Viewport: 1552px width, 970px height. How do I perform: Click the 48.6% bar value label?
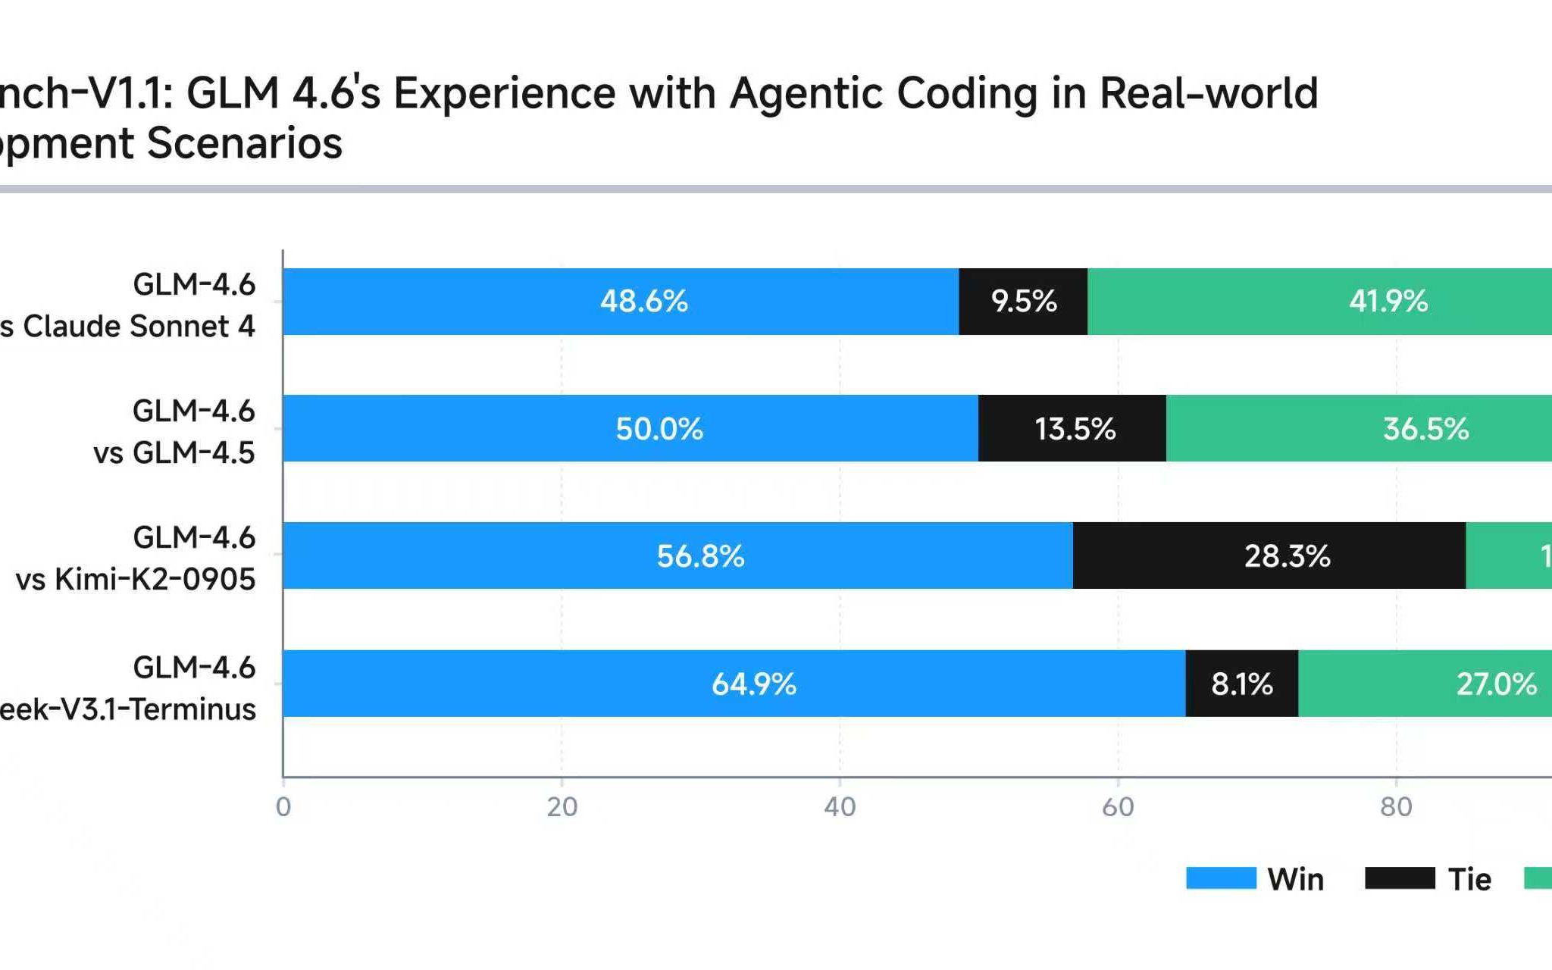tap(644, 302)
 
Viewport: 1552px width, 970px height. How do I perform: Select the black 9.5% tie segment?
tap(1023, 302)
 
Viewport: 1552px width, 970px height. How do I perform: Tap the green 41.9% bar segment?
tap(1319, 302)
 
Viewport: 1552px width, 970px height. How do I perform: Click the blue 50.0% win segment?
tap(630, 428)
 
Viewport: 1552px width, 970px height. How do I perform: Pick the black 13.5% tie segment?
tap(1072, 428)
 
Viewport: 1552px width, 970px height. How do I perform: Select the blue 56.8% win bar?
tap(677, 555)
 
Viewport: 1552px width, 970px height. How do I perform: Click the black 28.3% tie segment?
tap(1269, 555)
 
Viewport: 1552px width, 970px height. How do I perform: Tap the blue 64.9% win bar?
tap(734, 684)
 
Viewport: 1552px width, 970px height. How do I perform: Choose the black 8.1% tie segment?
tap(1241, 684)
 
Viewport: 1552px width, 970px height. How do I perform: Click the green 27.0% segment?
tap(1425, 684)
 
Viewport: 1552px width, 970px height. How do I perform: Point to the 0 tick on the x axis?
tap(283, 807)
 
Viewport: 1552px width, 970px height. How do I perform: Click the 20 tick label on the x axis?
tap(562, 807)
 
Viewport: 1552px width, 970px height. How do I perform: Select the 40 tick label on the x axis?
tap(840, 807)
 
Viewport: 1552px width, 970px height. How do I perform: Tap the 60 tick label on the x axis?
tap(1118, 807)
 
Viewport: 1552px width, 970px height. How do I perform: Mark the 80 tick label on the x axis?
tap(1396, 807)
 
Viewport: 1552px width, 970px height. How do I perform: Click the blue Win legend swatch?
tap(1221, 878)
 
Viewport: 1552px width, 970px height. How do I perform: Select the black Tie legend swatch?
tap(1400, 878)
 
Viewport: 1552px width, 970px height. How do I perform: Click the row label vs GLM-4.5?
tap(174, 452)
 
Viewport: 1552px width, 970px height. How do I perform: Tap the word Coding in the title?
tap(967, 94)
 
